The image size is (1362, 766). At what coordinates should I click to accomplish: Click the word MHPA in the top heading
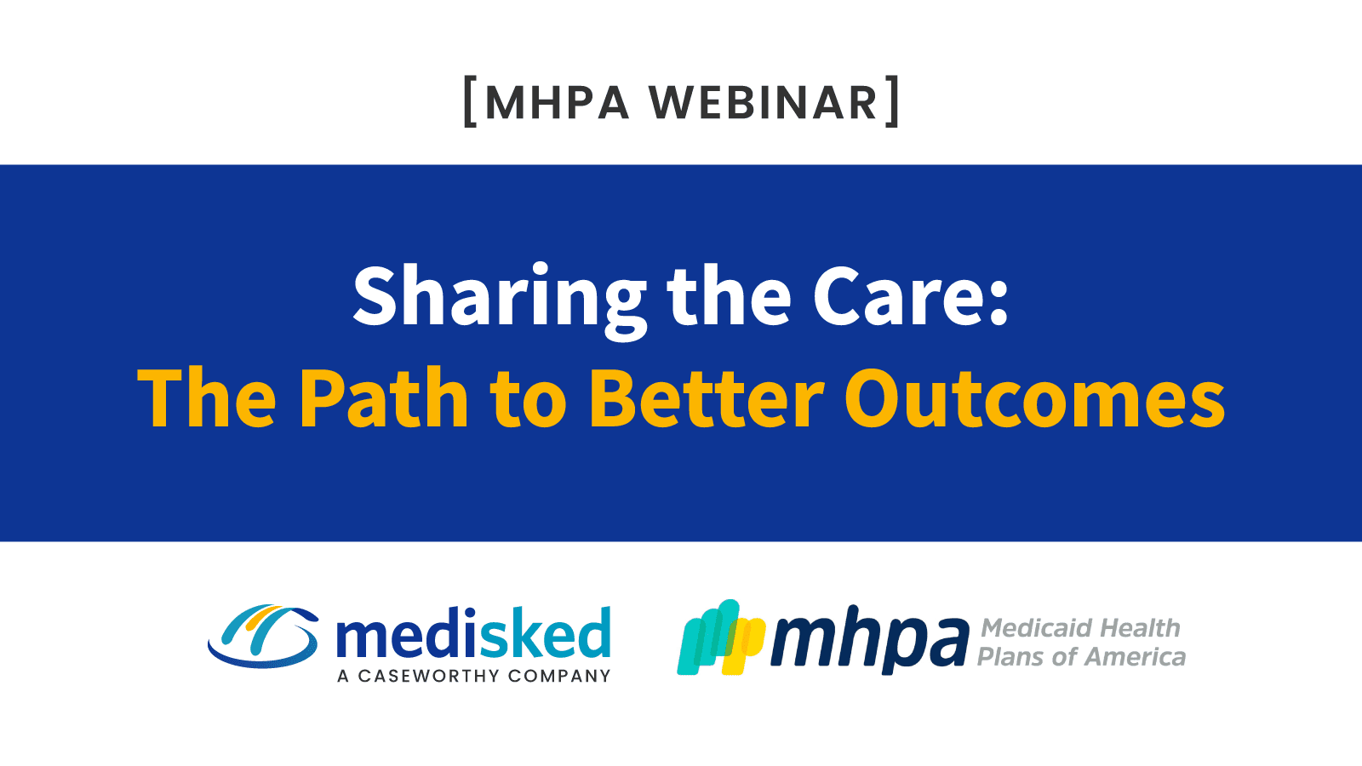(x=557, y=103)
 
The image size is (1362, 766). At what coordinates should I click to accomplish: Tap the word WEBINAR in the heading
(x=763, y=103)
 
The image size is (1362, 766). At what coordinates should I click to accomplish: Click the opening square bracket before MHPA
(x=469, y=103)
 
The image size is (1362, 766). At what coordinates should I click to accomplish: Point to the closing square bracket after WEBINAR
(x=892, y=103)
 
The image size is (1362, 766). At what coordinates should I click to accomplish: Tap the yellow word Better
(x=706, y=398)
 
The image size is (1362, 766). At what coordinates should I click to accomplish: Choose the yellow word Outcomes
(x=1034, y=398)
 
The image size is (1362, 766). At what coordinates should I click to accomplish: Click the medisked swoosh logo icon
(x=263, y=637)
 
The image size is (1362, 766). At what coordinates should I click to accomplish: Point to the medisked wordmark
(x=473, y=635)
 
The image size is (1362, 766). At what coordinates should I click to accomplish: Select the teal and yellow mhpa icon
(x=720, y=637)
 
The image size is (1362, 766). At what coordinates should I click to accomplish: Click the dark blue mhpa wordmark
(x=869, y=640)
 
